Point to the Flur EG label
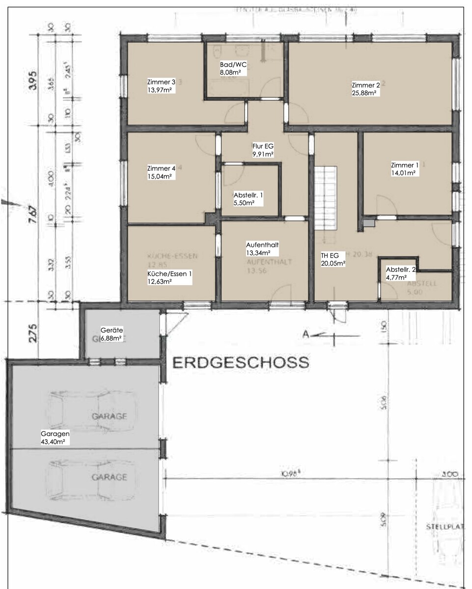coord(260,150)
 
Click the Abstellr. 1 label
coord(248,199)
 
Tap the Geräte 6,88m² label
coord(111,334)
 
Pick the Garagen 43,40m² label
coord(56,438)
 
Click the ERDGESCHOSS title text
coord(241,363)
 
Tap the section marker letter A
coord(306,335)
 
